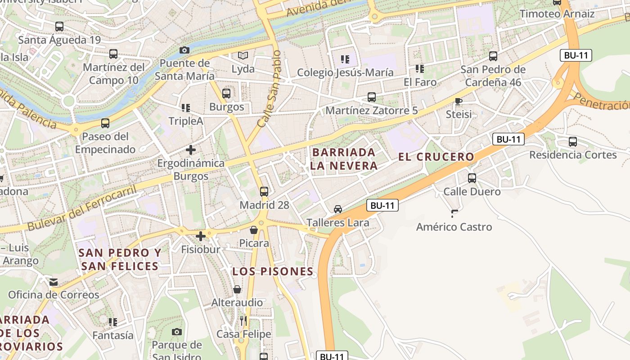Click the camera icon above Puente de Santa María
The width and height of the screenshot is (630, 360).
click(x=184, y=50)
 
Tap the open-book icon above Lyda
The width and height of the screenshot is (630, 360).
click(x=243, y=56)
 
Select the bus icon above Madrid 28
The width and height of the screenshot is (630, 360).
click(x=264, y=191)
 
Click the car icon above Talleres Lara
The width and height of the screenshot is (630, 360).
click(x=338, y=209)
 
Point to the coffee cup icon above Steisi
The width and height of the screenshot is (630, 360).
click(x=459, y=101)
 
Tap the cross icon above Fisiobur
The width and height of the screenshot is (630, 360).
click(x=201, y=236)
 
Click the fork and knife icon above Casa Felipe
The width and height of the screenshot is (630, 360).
click(x=243, y=321)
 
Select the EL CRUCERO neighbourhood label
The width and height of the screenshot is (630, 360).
click(x=436, y=157)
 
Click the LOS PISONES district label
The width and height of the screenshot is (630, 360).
click(x=273, y=271)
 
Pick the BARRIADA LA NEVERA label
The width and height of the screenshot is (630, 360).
click(x=343, y=159)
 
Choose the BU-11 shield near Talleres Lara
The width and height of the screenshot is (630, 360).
click(x=383, y=206)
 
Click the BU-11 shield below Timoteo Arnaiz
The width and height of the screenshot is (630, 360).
click(x=576, y=56)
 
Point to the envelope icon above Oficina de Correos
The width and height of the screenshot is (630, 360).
click(x=54, y=282)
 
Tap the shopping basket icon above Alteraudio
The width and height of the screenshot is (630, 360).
click(x=237, y=289)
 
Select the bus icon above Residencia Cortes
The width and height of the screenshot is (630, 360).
click(x=573, y=142)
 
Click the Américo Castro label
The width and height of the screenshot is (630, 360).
click(x=454, y=227)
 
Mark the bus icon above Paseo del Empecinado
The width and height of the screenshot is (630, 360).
click(x=105, y=123)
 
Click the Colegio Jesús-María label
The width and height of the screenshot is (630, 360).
click(x=345, y=72)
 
